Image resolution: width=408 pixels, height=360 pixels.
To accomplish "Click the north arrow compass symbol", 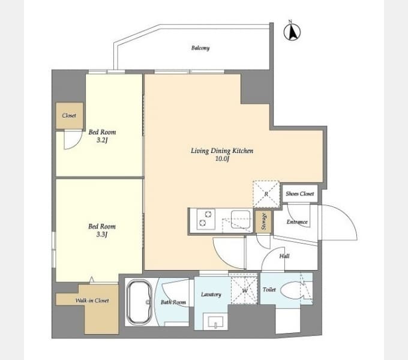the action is point(292,32).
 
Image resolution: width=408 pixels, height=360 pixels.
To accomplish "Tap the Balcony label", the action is point(200,48).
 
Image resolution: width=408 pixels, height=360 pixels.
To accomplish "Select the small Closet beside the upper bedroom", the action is point(70,115).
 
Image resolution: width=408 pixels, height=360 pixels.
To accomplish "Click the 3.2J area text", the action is point(102,140).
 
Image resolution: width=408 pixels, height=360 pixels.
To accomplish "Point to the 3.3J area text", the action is point(102,235).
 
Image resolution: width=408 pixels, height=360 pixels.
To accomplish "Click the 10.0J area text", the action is point(222,158).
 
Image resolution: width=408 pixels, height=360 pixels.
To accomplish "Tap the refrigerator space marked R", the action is point(266,194).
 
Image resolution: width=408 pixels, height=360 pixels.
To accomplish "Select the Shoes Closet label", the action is point(300,194).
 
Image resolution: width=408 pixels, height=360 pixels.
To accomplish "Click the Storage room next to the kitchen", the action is point(263,221).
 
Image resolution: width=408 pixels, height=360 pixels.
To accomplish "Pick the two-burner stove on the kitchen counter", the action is point(206,219).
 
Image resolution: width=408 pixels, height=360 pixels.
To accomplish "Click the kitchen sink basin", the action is point(241,219).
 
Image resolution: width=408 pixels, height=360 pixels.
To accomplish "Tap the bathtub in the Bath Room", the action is point(139,302).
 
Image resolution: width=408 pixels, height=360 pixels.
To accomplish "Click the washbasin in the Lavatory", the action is point(216,322).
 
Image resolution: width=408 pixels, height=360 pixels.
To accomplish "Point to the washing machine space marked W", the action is point(244,290).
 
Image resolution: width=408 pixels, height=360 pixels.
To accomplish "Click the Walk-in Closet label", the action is point(92,301).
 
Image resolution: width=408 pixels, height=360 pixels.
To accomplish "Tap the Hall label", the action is point(284,256).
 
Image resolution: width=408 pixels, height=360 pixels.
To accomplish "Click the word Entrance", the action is point(297,222).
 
